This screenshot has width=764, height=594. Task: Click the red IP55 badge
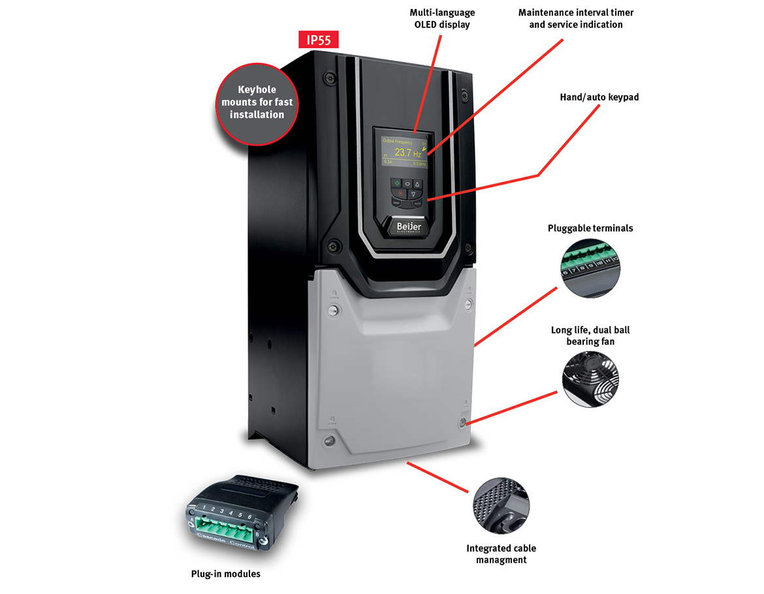pos(319,39)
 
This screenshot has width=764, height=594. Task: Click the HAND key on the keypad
pos(396,203)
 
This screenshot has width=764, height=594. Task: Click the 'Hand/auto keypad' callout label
pos(599,97)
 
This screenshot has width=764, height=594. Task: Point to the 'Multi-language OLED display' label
pos(442,18)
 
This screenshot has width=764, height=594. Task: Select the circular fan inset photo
pos(590,379)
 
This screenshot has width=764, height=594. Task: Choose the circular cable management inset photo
pos(501,505)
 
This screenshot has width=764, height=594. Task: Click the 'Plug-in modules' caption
pos(225,574)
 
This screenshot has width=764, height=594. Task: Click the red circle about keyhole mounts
pos(257,102)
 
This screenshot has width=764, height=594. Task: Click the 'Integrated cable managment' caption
pos(501,554)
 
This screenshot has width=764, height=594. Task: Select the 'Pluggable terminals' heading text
pos(590,228)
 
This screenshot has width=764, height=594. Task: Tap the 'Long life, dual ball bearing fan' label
pos(590,336)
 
